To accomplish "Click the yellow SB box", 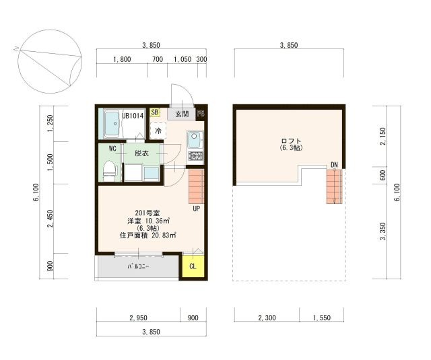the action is [155, 112].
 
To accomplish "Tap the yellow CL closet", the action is [193, 266].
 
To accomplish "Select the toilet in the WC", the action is [109, 171].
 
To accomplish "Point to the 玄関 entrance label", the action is [182, 114].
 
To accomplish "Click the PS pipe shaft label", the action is [201, 114].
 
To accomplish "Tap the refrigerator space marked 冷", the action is [158, 131].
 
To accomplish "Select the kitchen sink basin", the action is [195, 139].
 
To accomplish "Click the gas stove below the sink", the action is [196, 155].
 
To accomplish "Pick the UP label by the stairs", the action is [196, 209].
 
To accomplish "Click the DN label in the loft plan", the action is [334, 165].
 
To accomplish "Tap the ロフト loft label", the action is [292, 141].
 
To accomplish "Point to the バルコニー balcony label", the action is [139, 266].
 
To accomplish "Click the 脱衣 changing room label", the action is [141, 153].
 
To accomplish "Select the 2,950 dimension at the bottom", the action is [138, 318].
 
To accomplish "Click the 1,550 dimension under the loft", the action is [322, 318].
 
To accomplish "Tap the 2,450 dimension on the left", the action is [50, 219].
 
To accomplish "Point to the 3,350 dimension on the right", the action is [383, 231].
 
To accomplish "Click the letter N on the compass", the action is [15, 49].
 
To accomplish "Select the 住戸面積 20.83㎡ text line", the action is [148, 236].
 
